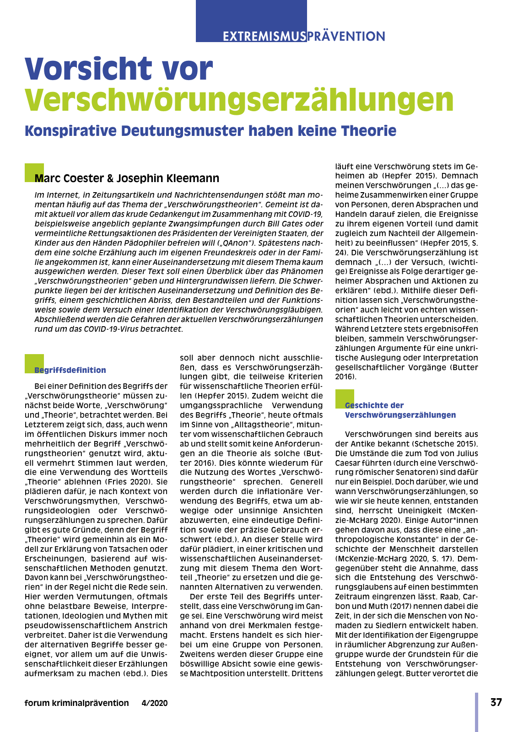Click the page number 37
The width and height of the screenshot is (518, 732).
point(496,702)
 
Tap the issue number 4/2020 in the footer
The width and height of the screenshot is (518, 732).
point(155,703)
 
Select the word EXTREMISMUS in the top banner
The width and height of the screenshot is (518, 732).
point(264,36)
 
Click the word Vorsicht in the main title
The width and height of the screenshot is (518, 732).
point(88,69)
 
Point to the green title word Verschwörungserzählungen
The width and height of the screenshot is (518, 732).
point(239,99)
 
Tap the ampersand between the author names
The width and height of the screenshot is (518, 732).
point(110,178)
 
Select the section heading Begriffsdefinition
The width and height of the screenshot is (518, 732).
point(70,370)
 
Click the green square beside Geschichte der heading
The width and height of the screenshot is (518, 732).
point(344,398)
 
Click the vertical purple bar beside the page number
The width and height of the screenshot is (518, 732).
point(476,712)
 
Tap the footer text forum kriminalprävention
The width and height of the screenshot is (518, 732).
point(76,703)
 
